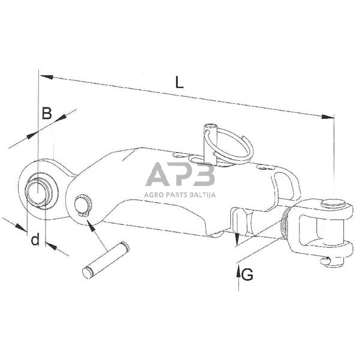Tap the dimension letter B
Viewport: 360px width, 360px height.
pyautogui.click(x=46, y=112)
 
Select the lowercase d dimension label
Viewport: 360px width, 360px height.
pyautogui.click(x=35, y=241)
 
